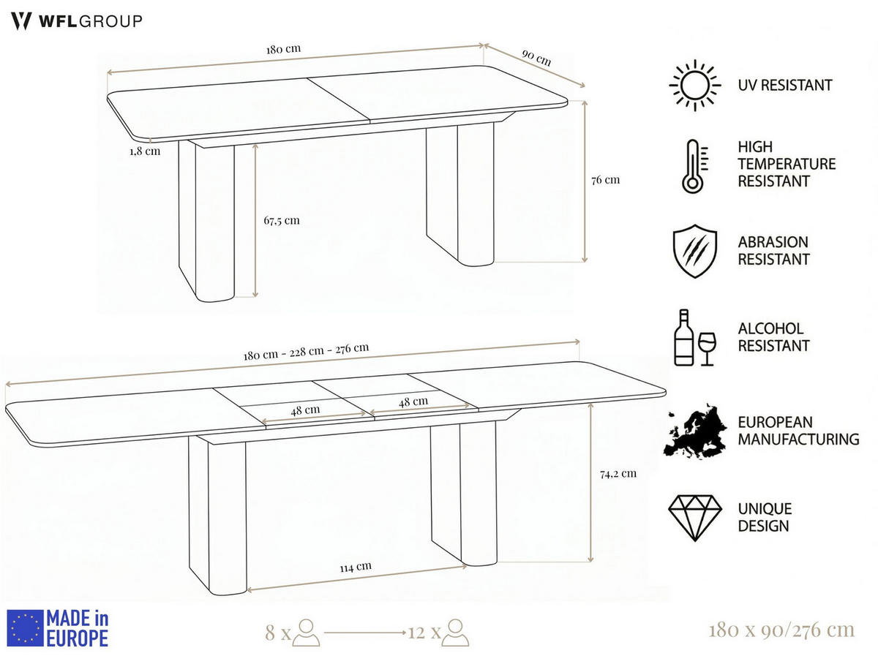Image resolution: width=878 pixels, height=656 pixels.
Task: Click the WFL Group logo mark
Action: point(21,20)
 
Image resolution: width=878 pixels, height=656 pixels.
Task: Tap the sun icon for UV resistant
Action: point(695,85)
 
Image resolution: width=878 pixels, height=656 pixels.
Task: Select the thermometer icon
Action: point(694,166)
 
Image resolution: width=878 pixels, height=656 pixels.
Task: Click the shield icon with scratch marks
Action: point(695,251)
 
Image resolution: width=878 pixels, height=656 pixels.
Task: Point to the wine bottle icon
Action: point(683,337)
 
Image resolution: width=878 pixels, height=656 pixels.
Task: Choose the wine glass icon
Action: point(708,349)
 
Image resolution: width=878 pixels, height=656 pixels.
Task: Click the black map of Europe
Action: point(695,431)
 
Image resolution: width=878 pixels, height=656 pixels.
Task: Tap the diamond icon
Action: point(695,518)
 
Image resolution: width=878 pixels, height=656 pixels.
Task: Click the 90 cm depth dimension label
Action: point(536,58)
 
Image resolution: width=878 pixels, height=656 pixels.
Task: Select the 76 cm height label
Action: point(606,180)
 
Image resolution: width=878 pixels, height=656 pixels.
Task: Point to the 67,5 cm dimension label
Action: point(282,220)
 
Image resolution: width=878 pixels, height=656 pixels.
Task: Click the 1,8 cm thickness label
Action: point(145,151)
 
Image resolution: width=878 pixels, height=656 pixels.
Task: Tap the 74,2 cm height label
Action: point(618,474)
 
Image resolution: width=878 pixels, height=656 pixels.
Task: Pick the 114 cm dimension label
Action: point(356,567)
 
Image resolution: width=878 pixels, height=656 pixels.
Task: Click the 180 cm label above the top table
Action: point(283,49)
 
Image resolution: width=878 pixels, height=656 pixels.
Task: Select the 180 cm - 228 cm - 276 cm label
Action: point(306,351)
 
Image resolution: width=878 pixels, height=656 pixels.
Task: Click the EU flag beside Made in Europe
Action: point(25,628)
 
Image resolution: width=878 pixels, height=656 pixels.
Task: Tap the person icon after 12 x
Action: point(456,633)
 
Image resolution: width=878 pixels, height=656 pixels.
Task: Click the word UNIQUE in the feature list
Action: point(765,509)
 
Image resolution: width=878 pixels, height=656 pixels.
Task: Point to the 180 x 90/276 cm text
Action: point(781,630)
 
